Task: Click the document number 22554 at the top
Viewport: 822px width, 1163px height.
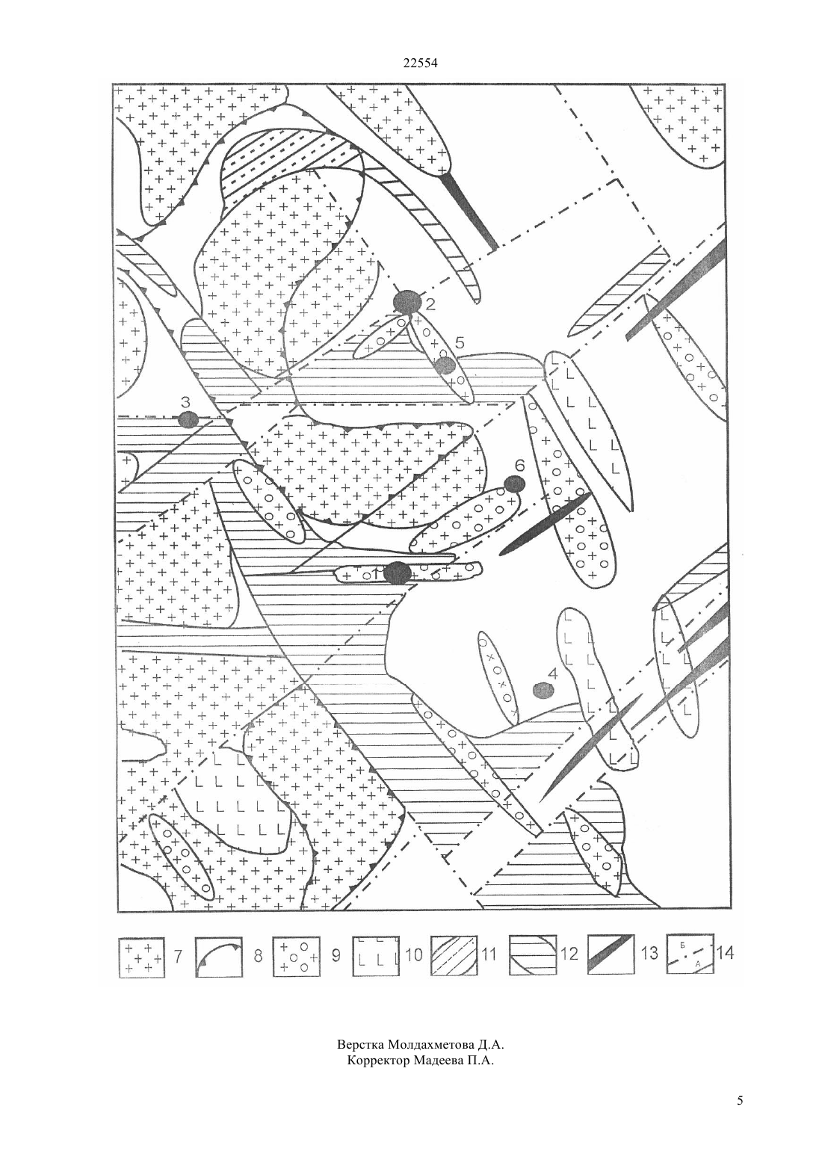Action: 420,64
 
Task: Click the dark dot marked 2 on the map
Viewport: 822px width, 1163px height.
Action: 407,302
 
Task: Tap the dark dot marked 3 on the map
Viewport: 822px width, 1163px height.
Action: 188,419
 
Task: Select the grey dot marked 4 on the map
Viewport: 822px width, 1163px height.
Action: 543,690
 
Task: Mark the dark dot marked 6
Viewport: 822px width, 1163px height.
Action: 515,484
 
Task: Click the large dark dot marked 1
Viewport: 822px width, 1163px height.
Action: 398,574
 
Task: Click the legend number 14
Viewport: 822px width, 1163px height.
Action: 725,953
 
